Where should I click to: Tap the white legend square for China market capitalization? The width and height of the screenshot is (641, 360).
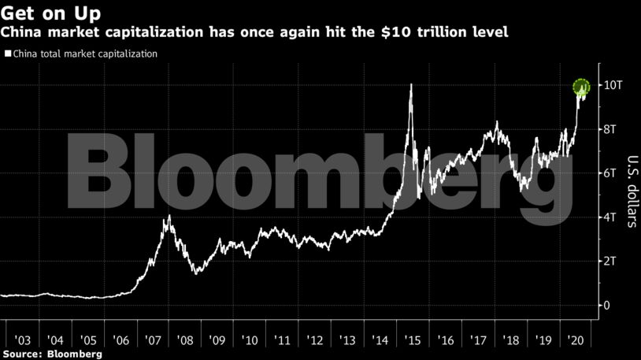(x=7, y=54)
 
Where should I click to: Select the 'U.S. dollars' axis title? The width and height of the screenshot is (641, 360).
(x=631, y=190)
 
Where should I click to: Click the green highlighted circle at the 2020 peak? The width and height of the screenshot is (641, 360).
(x=581, y=87)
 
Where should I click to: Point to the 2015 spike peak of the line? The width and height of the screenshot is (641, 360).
(x=411, y=85)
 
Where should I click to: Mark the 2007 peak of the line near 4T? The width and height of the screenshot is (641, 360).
(x=167, y=217)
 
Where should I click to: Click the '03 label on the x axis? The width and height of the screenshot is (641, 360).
(x=22, y=340)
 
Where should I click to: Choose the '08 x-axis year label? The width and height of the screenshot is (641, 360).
(x=184, y=340)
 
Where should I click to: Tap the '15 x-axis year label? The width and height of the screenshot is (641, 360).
(x=412, y=340)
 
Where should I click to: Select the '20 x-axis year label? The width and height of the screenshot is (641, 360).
(x=573, y=340)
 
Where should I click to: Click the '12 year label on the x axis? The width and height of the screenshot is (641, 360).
(x=314, y=340)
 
